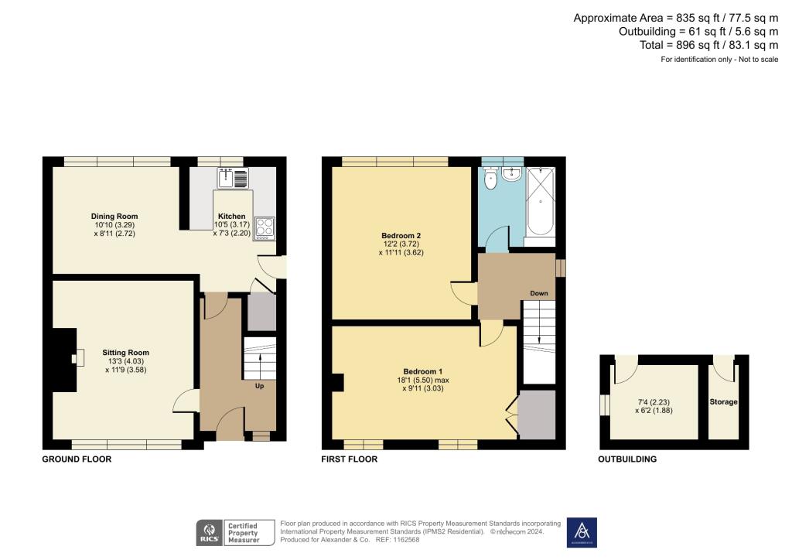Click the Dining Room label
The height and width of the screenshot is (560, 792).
[114, 217]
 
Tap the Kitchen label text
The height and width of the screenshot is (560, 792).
[231, 217]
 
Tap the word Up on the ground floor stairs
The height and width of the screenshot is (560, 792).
[260, 385]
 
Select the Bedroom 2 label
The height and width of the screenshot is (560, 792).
[401, 236]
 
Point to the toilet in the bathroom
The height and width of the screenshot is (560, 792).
[490, 180]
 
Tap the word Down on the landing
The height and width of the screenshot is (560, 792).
[539, 293]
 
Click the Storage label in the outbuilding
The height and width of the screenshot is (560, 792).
[724, 402]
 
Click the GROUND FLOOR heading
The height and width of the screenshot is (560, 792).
[77, 459]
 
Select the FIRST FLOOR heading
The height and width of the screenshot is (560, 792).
[349, 459]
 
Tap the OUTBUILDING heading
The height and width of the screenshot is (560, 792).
[627, 459]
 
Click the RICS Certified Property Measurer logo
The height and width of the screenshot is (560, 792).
[235, 533]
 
